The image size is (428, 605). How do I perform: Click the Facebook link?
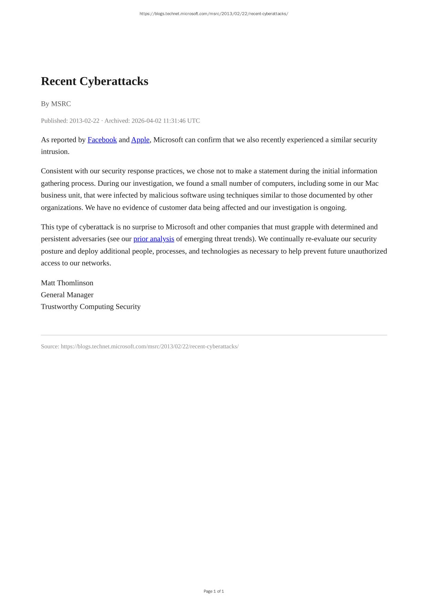pos(102,140)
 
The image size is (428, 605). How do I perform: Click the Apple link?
pos(140,140)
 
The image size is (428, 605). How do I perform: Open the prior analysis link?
pos(154,239)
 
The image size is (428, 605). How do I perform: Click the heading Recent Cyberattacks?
pos(94,81)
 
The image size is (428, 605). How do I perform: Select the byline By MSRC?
pos(56,104)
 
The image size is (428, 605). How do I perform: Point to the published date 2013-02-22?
pos(84,121)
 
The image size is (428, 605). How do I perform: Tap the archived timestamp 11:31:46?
pos(174,121)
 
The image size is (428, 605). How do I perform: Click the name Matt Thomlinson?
pos(67,283)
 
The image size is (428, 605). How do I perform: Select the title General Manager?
pos(67,295)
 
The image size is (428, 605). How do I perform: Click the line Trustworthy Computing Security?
pos(91,307)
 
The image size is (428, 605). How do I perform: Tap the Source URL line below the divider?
pos(140,347)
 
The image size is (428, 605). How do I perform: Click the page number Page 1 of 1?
pos(214,591)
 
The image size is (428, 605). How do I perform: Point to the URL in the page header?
pos(214,14)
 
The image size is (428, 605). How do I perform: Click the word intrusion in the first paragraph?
pos(54,152)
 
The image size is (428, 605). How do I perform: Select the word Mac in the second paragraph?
pos(372,183)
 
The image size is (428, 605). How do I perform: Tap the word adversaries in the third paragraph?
pos(89,239)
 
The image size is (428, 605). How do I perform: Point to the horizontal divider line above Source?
pos(214,335)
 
